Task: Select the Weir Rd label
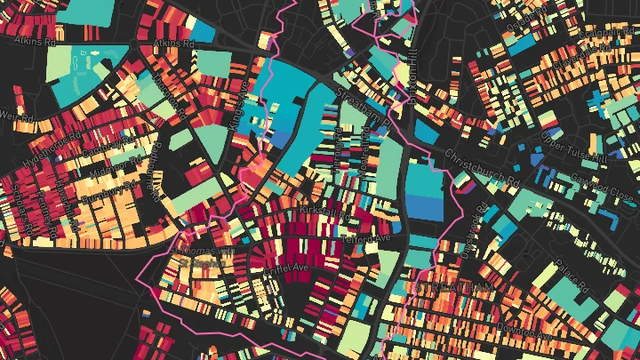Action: [x=12, y=116]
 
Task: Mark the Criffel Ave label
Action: [x=287, y=267]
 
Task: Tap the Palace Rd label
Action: [x=573, y=276]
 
